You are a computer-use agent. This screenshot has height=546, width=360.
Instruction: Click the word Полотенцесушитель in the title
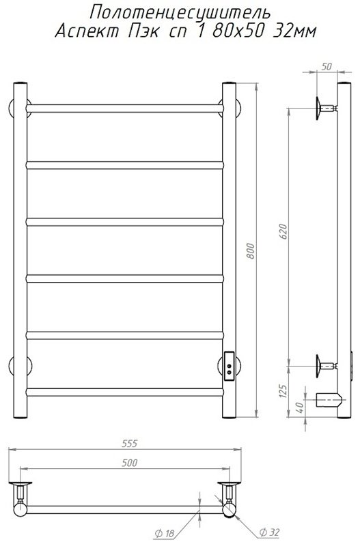(x=180, y=13)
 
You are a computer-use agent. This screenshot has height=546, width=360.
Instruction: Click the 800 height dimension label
(x=251, y=251)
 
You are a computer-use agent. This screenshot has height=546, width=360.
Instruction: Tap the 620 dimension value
(x=283, y=231)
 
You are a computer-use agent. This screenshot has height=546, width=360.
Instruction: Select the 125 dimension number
(x=283, y=391)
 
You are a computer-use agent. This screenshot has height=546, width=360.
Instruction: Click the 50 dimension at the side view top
(x=327, y=66)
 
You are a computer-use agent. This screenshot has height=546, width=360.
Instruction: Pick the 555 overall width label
(x=130, y=443)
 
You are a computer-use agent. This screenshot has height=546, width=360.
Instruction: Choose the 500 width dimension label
(x=130, y=463)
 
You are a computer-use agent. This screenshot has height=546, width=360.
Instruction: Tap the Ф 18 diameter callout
(x=163, y=533)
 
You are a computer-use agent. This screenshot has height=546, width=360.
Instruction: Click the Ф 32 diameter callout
(x=269, y=532)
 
